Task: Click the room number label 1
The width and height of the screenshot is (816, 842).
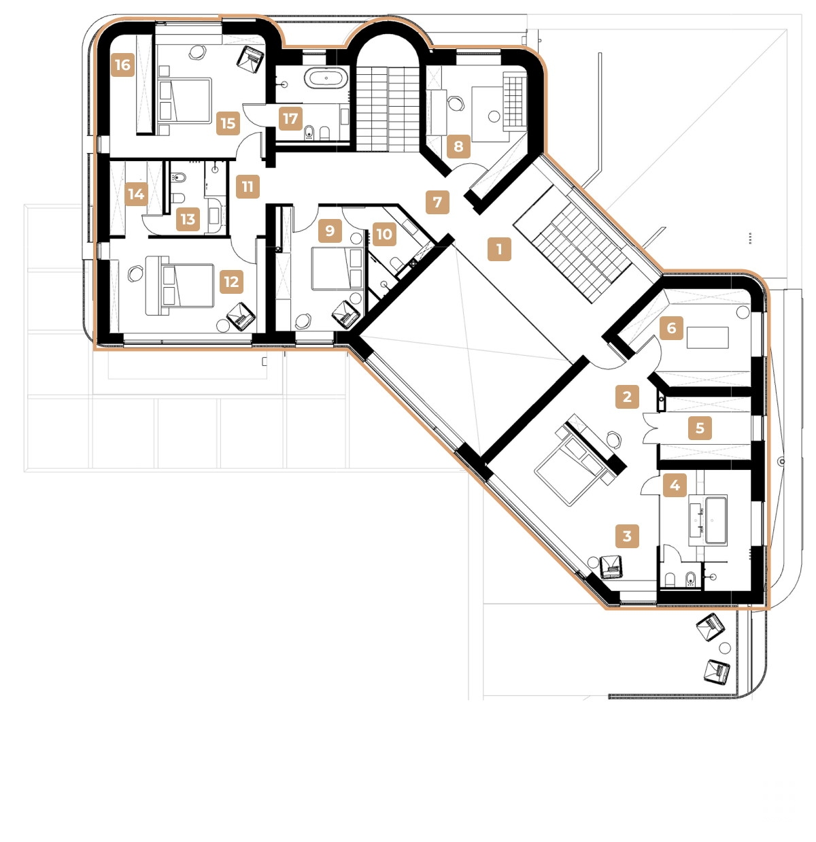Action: tap(499, 249)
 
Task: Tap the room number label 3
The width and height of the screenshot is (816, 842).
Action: tap(627, 536)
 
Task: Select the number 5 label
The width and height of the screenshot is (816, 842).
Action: tap(700, 428)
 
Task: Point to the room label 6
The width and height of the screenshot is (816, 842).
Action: tap(671, 329)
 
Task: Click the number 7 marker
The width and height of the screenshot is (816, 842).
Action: tap(437, 202)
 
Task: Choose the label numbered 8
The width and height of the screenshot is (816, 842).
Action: tap(458, 146)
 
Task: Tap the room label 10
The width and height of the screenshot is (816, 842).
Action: tap(384, 235)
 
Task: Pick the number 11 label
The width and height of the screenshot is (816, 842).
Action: tap(248, 186)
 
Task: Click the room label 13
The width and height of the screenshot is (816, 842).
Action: tap(188, 219)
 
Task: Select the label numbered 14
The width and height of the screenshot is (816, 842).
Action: tap(136, 195)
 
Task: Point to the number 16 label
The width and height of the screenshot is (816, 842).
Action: tap(122, 65)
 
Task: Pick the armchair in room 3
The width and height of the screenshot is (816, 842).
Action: tap(612, 566)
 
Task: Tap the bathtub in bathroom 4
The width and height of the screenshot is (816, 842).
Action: tap(716, 520)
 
